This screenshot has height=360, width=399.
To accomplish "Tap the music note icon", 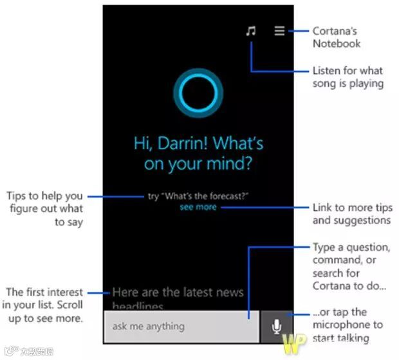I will pos(251,30).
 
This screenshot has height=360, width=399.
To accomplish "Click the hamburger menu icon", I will pos(279,30).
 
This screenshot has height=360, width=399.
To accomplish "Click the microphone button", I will pos(277,327).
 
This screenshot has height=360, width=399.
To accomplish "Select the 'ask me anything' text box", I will pos(181,327).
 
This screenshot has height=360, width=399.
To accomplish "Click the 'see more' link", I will pos(198,207).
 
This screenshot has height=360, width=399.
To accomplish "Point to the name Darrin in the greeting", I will pos(181,143).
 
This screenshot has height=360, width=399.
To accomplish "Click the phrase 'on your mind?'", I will pos(198,163).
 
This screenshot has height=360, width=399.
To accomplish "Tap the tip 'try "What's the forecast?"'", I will pos(198,195).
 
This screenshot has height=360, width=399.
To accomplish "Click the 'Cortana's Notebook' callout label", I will pos(336,37).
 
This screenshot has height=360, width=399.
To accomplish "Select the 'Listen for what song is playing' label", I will pos(348,76).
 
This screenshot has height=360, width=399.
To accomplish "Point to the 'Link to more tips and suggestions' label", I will pos(351,214).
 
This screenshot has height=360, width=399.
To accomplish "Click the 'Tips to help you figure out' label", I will pos(45,209).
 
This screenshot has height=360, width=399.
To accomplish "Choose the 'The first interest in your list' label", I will pos(44,305).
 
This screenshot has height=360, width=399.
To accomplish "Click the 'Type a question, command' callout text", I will pos(351,266).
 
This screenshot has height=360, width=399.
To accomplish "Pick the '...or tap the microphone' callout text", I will pos(348,325).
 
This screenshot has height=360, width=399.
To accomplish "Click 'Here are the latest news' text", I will pos(178,292).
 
